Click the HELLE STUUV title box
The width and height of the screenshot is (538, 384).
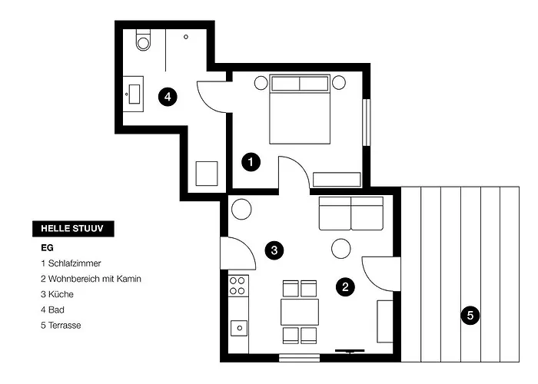[x=73, y=228]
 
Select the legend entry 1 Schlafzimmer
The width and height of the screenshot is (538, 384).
[x=71, y=263]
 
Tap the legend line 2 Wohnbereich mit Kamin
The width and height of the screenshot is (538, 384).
[x=91, y=279]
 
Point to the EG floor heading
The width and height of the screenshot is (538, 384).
[x=47, y=248]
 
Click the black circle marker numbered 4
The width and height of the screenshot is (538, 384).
[x=167, y=97]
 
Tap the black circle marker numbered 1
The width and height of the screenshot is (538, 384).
[x=250, y=162]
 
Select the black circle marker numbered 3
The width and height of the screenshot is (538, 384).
[x=273, y=250]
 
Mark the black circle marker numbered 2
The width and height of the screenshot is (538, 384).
[x=345, y=287]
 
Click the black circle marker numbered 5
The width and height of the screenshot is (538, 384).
[x=470, y=314]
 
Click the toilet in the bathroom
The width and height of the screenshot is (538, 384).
[x=143, y=41]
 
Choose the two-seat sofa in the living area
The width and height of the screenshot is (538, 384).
[x=350, y=212]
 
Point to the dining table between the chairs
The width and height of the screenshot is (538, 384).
[x=300, y=312]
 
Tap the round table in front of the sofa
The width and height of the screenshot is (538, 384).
[x=341, y=248]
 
